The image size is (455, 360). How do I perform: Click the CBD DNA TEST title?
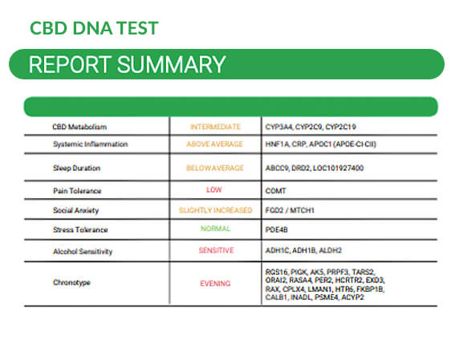pyautogui.click(x=93, y=28)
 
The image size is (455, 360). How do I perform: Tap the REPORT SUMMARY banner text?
pyautogui.click(x=127, y=64)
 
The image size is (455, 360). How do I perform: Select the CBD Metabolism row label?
pyautogui.click(x=79, y=127)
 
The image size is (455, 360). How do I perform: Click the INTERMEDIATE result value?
pyautogui.click(x=215, y=127)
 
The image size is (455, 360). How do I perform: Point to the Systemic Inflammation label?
pyautogui.click(x=90, y=144)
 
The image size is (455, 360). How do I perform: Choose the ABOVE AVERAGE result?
pyautogui.click(x=215, y=144)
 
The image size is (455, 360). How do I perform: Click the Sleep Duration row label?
pyautogui.click(x=78, y=168)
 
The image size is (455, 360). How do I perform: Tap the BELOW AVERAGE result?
pyautogui.click(x=215, y=168)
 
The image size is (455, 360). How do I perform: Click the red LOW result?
pyautogui.click(x=214, y=191)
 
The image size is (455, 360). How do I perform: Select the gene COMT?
pyautogui.click(x=275, y=191)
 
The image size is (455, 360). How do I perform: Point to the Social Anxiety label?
pyautogui.click(x=75, y=210)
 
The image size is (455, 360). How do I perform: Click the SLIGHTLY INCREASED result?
pyautogui.click(x=215, y=210)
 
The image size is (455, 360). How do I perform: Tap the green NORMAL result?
pyautogui.click(x=215, y=229)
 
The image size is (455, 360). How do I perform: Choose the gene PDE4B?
pyautogui.click(x=277, y=229)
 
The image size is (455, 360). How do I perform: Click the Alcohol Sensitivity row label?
pyautogui.click(x=82, y=251)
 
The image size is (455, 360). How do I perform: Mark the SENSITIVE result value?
pyautogui.click(x=215, y=251)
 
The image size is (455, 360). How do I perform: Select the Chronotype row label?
pyautogui.click(x=71, y=283)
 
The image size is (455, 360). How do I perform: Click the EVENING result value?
pyautogui.click(x=215, y=283)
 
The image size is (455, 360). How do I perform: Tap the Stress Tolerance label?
pyautogui.click(x=79, y=230)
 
